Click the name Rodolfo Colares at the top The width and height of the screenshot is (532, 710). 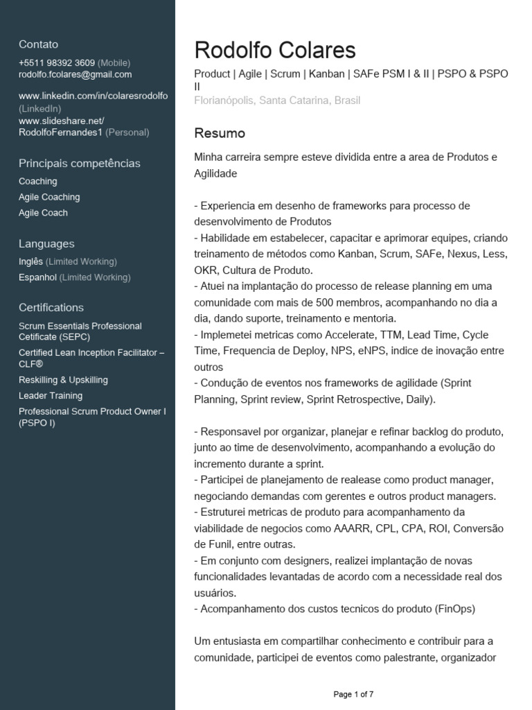pyautogui.click(x=275, y=51)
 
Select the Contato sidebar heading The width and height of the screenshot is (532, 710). pyautogui.click(x=39, y=44)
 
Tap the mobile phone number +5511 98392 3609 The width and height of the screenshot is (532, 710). pyautogui.click(x=57, y=63)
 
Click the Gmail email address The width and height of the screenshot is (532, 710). pyautogui.click(x=75, y=75)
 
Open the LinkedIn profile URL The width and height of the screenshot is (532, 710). pyautogui.click(x=93, y=96)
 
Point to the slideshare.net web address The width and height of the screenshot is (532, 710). pyautogui.click(x=61, y=121)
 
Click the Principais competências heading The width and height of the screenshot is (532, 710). pyautogui.click(x=79, y=164)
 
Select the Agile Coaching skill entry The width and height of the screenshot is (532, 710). pyautogui.click(x=49, y=197)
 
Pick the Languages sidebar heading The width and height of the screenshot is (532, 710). pyautogui.click(x=46, y=244)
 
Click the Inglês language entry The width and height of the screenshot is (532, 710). pyautogui.click(x=31, y=261)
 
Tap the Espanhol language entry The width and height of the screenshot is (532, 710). pyautogui.click(x=37, y=277)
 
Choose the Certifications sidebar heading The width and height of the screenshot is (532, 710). pyautogui.click(x=51, y=308)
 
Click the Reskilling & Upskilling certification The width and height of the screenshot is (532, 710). pyautogui.click(x=63, y=380)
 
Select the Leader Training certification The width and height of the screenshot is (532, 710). pyautogui.click(x=51, y=396)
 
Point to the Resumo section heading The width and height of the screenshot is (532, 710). pyautogui.click(x=220, y=133)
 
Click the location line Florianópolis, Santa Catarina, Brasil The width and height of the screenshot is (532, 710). pyautogui.click(x=277, y=101)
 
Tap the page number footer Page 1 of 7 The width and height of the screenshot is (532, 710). pyautogui.click(x=353, y=694)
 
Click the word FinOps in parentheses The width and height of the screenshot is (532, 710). pyautogui.click(x=455, y=609)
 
